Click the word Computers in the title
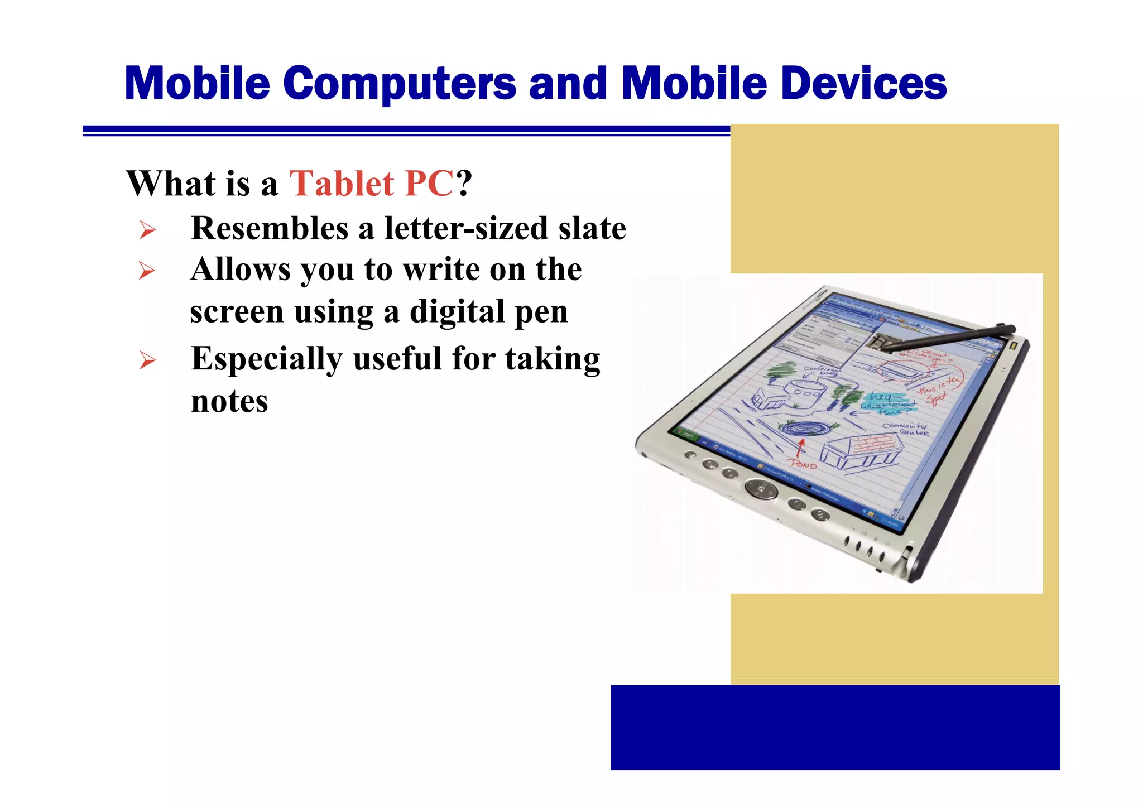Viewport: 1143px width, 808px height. (x=399, y=84)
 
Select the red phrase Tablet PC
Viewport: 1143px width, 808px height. (x=371, y=183)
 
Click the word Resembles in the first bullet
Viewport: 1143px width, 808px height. (x=270, y=228)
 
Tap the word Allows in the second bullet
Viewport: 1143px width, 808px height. (x=240, y=270)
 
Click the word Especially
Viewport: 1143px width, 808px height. (x=266, y=359)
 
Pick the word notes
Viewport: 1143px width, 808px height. (x=229, y=401)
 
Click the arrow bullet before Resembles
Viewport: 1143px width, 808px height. (x=147, y=229)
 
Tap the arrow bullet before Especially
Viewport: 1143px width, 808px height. (x=147, y=360)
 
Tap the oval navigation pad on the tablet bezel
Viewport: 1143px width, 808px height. (x=760, y=489)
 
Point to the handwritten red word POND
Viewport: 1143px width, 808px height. (x=803, y=464)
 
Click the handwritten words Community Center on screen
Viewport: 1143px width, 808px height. (x=905, y=429)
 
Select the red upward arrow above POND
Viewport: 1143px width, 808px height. (x=801, y=446)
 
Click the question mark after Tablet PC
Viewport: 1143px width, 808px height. (x=464, y=183)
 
